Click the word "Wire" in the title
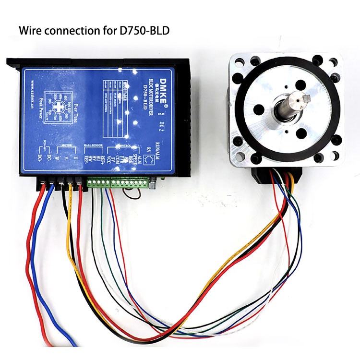pyautogui.click(x=30, y=31)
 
